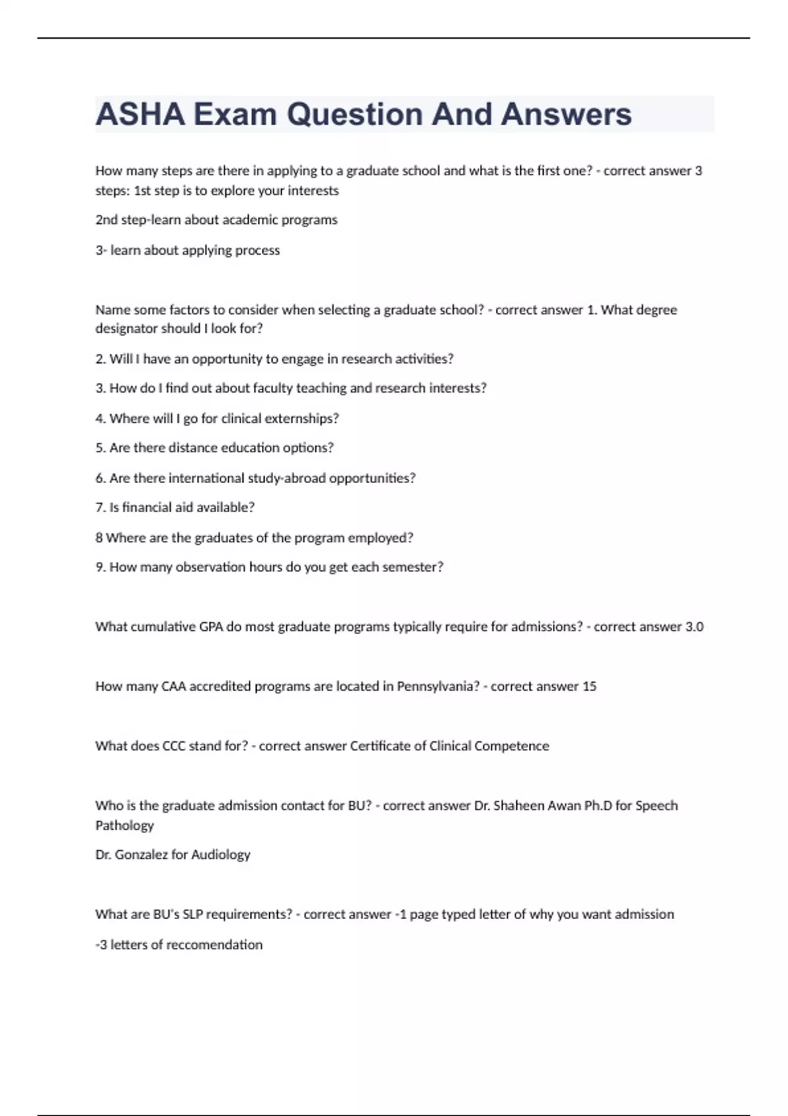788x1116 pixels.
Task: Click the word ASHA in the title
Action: (x=140, y=114)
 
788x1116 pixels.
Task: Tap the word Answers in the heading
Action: (x=566, y=114)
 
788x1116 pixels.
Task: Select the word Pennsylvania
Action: (x=438, y=687)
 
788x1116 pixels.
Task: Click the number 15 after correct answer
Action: (x=589, y=687)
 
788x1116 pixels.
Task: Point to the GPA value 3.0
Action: (x=694, y=627)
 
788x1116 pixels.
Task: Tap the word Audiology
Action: (x=221, y=855)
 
